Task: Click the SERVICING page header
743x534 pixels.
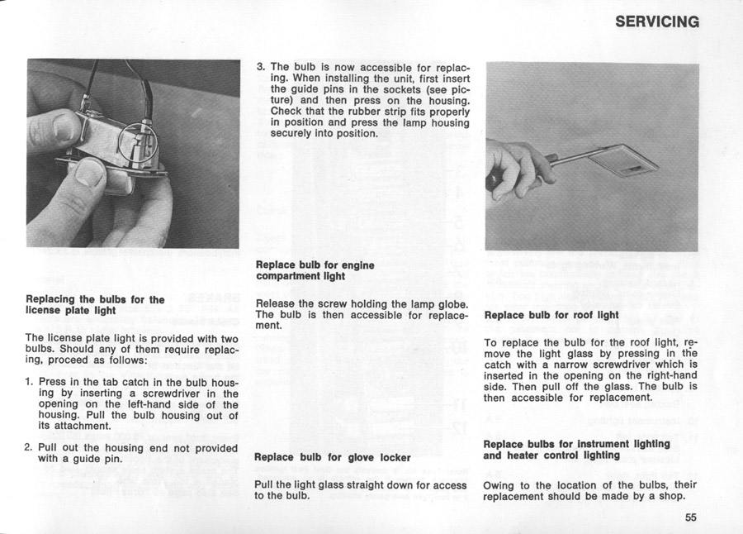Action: tap(657, 22)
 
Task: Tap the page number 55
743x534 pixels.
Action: tap(691, 518)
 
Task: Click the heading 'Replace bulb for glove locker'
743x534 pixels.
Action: tap(333, 457)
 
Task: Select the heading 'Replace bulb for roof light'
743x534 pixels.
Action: tap(551, 315)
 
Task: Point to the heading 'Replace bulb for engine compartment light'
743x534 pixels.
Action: tap(315, 270)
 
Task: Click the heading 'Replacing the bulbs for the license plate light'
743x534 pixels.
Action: tap(95, 305)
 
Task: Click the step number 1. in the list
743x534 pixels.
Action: tap(30, 382)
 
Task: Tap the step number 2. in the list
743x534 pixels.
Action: tap(30, 447)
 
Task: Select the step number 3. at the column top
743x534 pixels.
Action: tap(261, 66)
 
